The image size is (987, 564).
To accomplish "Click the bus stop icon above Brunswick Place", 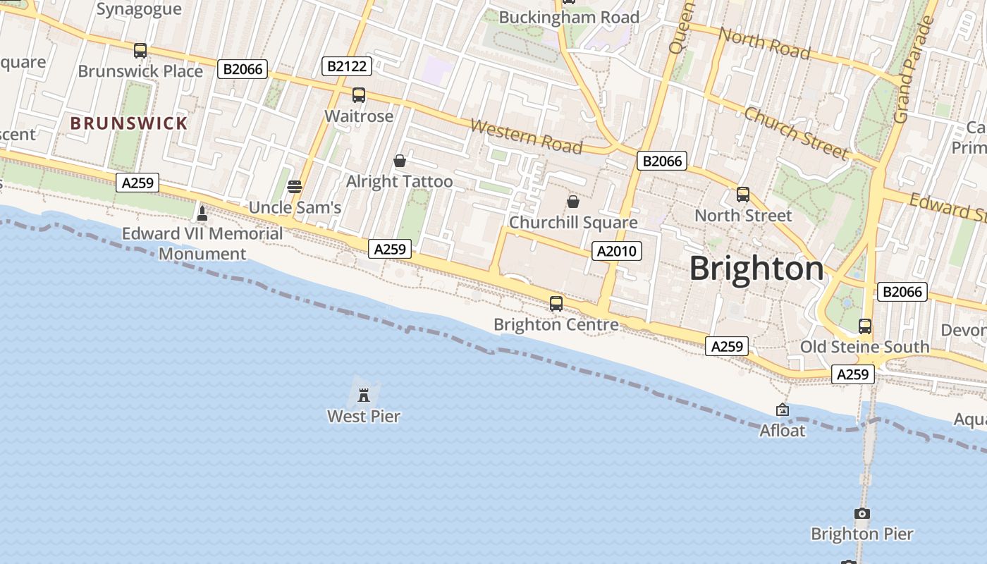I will (x=140, y=50).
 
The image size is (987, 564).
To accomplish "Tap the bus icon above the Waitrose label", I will (x=359, y=95).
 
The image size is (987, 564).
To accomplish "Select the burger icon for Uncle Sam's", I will (x=295, y=187).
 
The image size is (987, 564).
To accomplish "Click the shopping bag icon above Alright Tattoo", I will (x=400, y=161).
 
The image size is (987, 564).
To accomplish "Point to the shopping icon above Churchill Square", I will (x=573, y=202).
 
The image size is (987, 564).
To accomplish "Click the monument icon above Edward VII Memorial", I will (x=202, y=213).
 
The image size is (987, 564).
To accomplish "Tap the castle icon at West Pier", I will (x=364, y=395).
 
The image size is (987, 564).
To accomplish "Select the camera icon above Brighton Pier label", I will (x=862, y=513).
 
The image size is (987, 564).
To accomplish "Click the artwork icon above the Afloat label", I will (x=782, y=410).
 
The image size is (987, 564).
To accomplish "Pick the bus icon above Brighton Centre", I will (x=556, y=304).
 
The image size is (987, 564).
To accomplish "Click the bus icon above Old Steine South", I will (x=865, y=326).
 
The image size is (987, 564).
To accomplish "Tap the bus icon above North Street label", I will (x=743, y=195).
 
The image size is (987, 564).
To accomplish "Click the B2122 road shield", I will (x=347, y=66).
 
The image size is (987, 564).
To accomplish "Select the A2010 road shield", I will (x=616, y=251).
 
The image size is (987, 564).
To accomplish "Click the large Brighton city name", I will (x=756, y=269).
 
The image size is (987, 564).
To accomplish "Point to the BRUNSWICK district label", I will (x=129, y=123).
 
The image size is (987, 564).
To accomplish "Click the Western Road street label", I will (x=526, y=137).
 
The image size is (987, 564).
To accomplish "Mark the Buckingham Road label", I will (x=569, y=18).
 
